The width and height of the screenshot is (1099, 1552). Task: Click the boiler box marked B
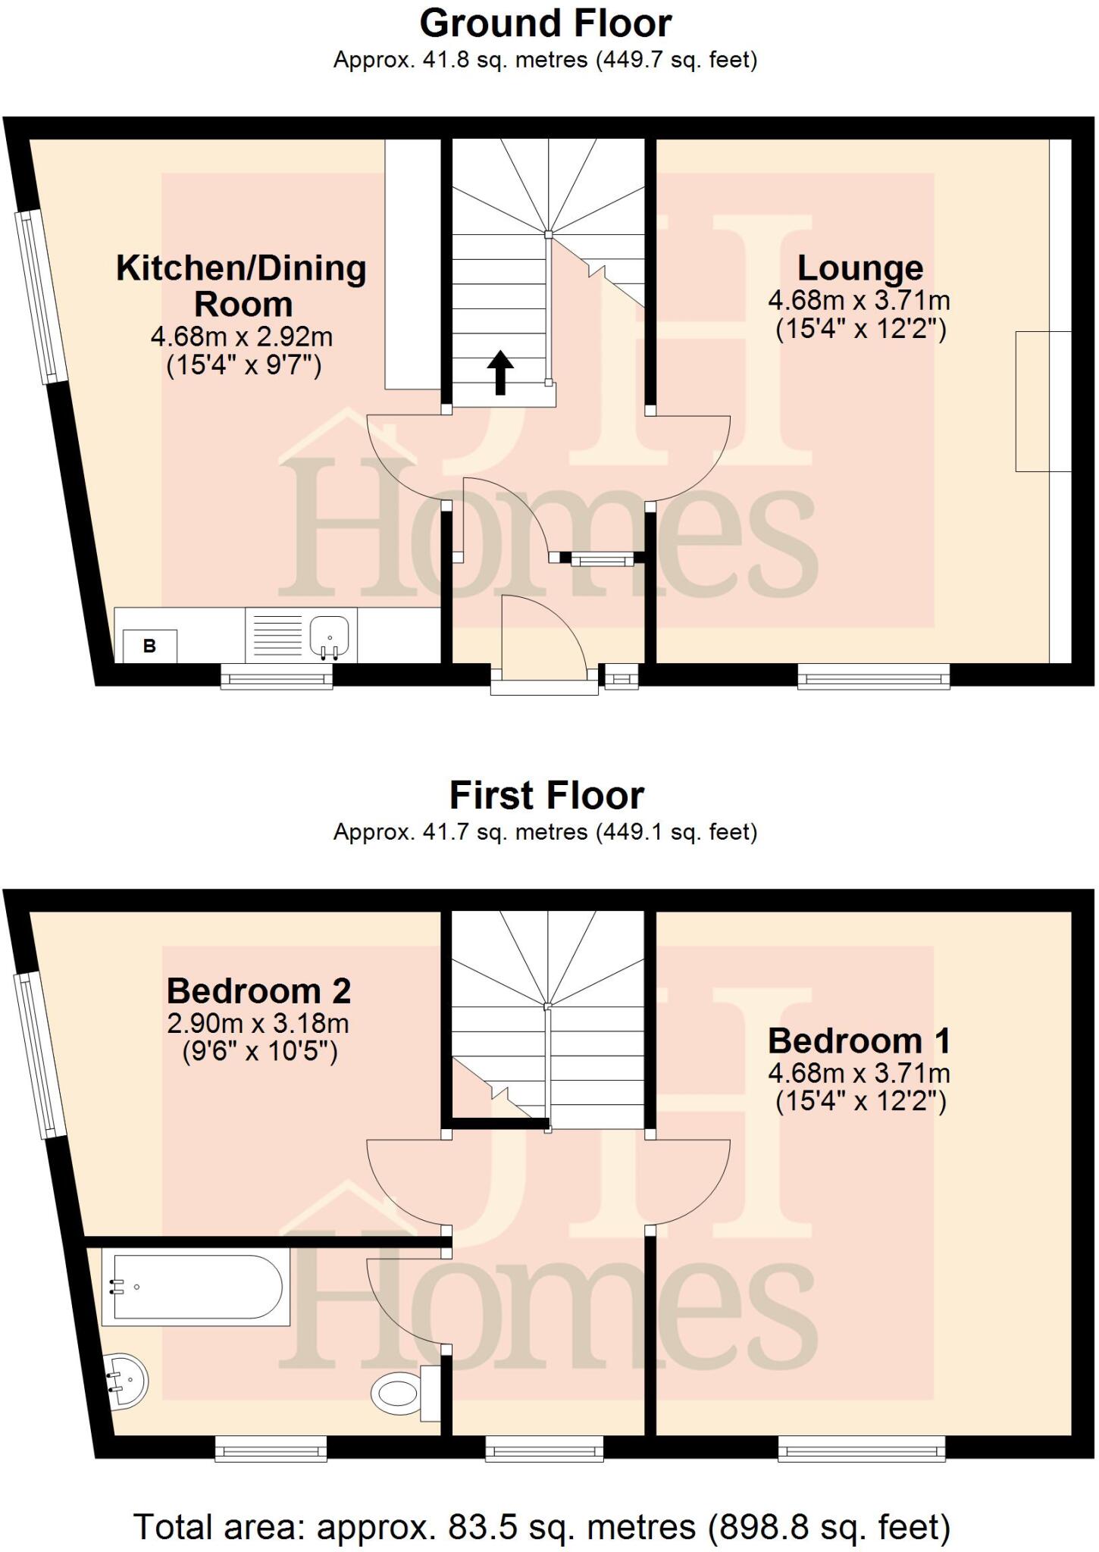tap(149, 646)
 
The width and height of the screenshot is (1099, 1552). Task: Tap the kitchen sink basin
tap(330, 635)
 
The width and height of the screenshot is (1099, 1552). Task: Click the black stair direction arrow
tap(499, 372)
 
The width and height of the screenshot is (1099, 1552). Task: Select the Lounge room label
tap(859, 268)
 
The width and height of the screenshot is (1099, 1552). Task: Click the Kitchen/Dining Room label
tap(242, 286)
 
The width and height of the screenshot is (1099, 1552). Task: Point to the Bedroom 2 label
tap(258, 990)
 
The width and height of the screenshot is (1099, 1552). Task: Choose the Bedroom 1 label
tap(859, 1040)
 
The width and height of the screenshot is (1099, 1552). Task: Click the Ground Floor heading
tap(546, 23)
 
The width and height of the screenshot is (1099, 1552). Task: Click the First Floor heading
tap(546, 796)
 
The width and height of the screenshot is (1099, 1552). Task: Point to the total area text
tap(542, 1527)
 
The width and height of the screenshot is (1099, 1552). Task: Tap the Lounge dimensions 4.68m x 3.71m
tap(859, 301)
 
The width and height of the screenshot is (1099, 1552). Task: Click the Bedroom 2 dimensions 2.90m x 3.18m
tap(258, 1024)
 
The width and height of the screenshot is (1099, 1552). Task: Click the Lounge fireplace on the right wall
tap(1043, 402)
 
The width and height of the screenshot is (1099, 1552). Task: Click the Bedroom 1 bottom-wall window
tap(862, 1450)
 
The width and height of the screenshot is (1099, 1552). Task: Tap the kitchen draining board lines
tap(277, 635)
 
